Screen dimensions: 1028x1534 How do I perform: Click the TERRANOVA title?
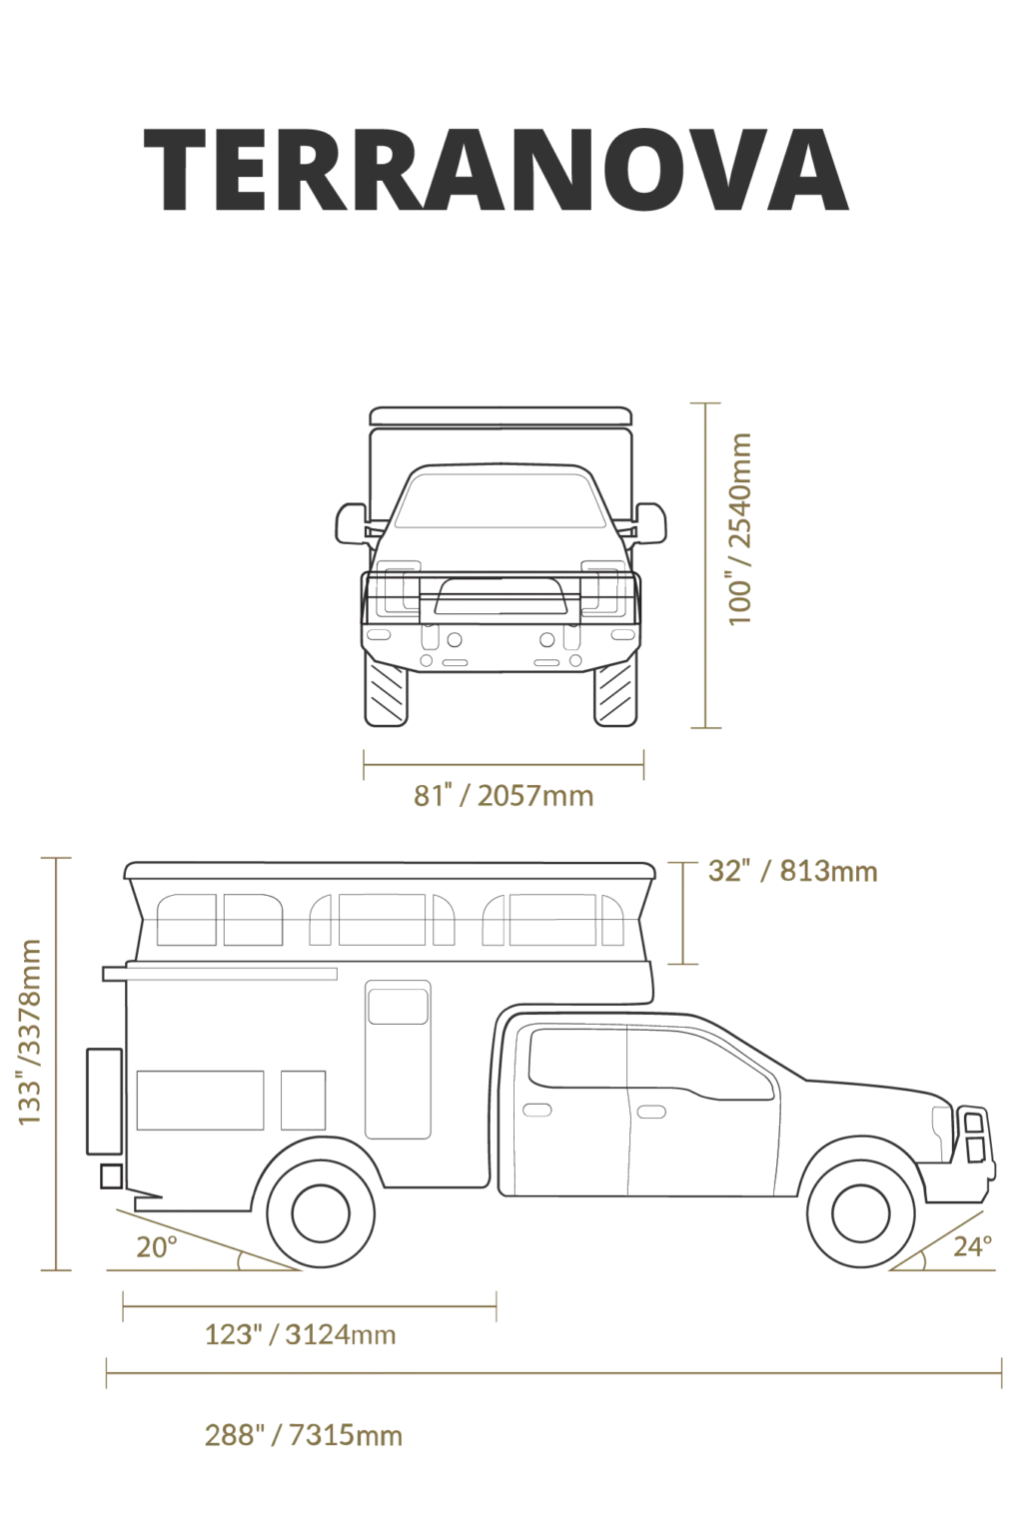pos(496,169)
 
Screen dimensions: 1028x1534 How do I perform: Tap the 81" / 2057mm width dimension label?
pos(504,796)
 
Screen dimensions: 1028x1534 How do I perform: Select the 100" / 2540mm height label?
pos(739,528)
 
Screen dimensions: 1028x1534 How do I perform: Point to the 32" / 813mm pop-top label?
pos(792,871)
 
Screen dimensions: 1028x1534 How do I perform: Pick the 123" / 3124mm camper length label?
pos(301,1334)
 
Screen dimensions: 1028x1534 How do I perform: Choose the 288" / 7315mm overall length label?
pos(304,1435)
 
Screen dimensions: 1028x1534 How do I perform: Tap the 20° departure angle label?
pos(157,1247)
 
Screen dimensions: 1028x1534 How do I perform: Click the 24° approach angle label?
pos(972,1246)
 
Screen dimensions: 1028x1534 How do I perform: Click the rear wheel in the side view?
pos(321,1212)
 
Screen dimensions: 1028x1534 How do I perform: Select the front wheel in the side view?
pos(860,1212)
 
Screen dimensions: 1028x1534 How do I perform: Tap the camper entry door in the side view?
pos(398,1060)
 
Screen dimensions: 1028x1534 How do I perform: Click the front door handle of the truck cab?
pos(650,1111)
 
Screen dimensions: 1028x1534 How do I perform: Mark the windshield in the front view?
pos(498,500)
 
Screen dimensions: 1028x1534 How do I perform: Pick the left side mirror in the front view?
pos(352,524)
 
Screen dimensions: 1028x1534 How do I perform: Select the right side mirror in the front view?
pos(650,524)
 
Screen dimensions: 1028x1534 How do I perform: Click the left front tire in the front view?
pos(387,690)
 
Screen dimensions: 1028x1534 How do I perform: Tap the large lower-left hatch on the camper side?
pos(200,1101)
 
